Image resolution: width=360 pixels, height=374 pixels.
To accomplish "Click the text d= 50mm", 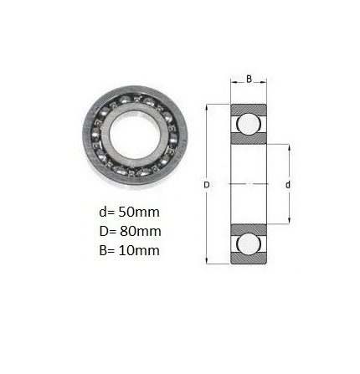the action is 129,213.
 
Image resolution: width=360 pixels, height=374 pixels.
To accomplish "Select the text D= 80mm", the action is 130,231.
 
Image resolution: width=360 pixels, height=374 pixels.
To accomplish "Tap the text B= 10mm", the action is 129,250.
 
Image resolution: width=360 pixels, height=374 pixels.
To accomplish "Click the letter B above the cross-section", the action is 249,79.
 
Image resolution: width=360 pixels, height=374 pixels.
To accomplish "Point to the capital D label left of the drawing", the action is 207,185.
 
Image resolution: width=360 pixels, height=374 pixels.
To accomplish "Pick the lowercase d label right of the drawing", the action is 288,185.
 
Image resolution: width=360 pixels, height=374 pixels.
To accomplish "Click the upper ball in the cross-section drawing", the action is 249,123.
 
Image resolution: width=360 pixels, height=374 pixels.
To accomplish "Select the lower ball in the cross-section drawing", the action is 249,243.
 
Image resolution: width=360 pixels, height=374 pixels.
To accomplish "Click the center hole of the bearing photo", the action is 135,136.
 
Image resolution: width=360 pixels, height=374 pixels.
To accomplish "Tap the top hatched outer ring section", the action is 249,109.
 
